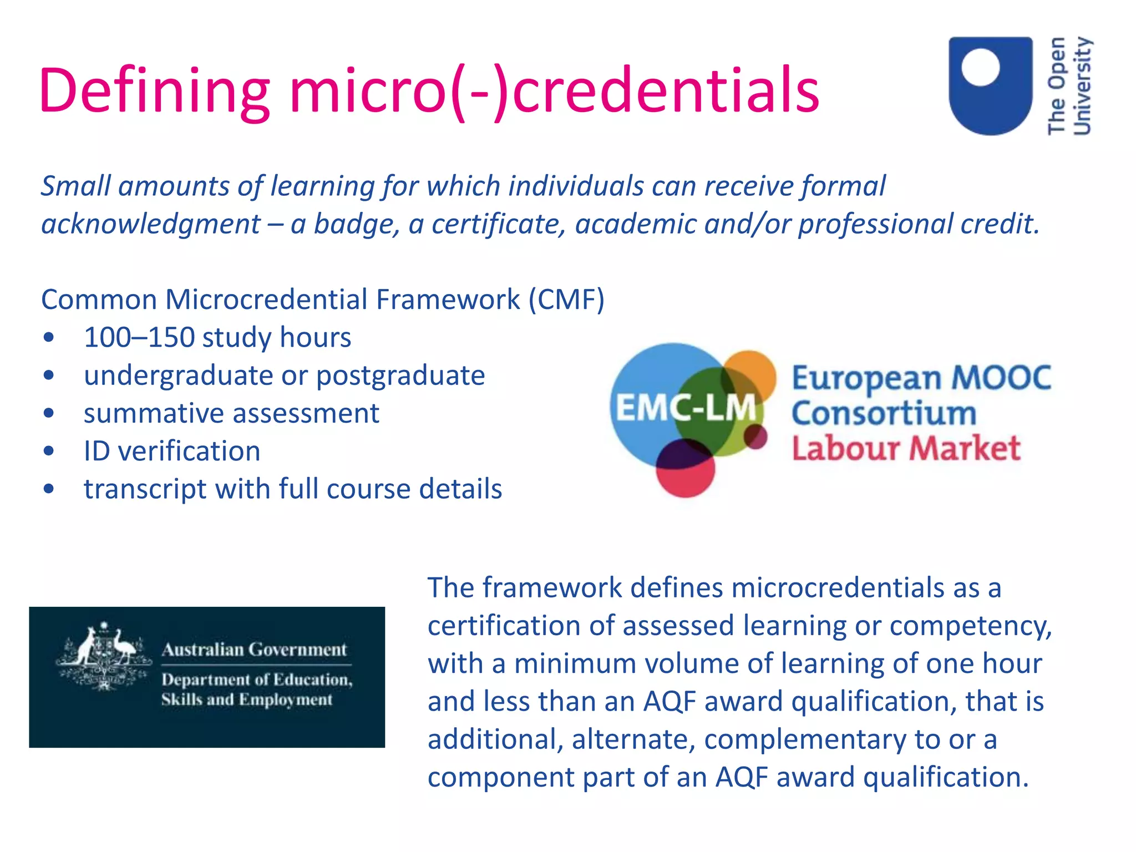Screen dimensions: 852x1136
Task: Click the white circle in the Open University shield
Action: pyautogui.click(x=981, y=67)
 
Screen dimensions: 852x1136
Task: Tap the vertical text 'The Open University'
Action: pyautogui.click(x=1069, y=86)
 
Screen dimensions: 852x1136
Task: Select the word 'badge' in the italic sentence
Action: pyautogui.click(x=356, y=224)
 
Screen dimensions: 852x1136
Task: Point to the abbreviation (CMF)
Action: pyautogui.click(x=566, y=300)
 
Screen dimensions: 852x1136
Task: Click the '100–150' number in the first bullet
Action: pyautogui.click(x=139, y=337)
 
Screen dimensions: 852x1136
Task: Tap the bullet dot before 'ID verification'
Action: pyautogui.click(x=49, y=451)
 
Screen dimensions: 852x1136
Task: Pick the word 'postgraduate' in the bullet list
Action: pyautogui.click(x=400, y=376)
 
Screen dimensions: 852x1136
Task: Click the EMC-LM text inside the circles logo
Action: pyautogui.click(x=686, y=408)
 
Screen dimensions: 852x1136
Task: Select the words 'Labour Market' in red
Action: pyautogui.click(x=906, y=448)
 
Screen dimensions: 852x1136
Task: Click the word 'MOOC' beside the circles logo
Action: pyautogui.click(x=1001, y=378)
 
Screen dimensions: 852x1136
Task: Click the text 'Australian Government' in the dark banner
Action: pyautogui.click(x=254, y=650)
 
